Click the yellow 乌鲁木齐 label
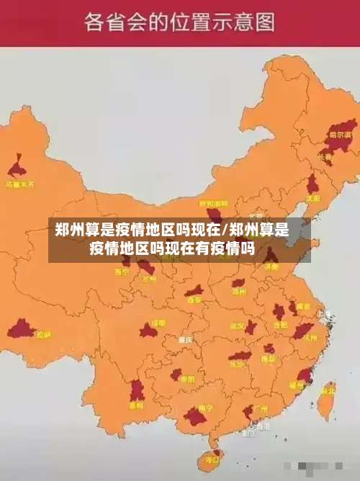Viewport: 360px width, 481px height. click(20, 184)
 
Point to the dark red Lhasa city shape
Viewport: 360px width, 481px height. click(21, 330)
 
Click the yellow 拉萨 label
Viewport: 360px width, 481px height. click(43, 334)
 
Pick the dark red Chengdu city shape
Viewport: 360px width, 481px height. click(148, 331)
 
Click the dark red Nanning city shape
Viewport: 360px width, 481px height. click(195, 415)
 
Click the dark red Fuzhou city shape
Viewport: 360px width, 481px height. click(304, 375)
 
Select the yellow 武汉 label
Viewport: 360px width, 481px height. click(238, 325)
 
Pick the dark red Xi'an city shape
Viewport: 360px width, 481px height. click(194, 292)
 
